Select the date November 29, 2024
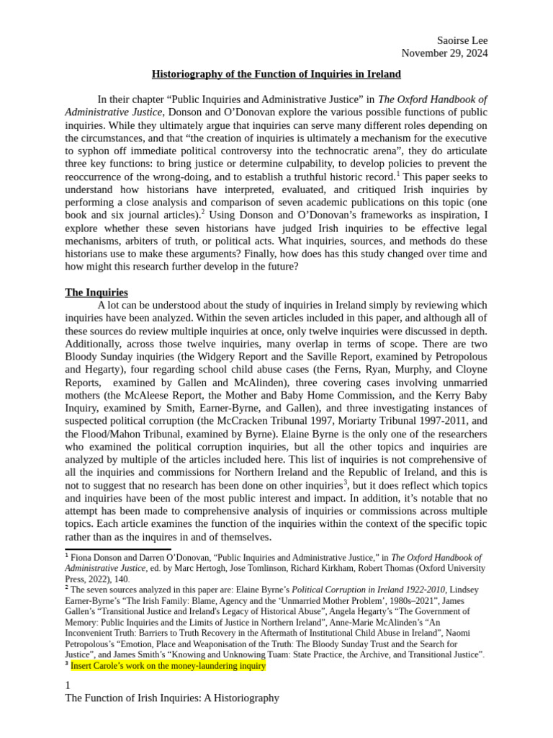[x=444, y=53]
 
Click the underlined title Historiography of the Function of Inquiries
[x=276, y=74]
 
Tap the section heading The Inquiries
[x=96, y=293]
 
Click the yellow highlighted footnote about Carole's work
[x=168, y=667]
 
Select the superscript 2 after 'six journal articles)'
[x=205, y=213]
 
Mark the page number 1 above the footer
[x=68, y=685]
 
